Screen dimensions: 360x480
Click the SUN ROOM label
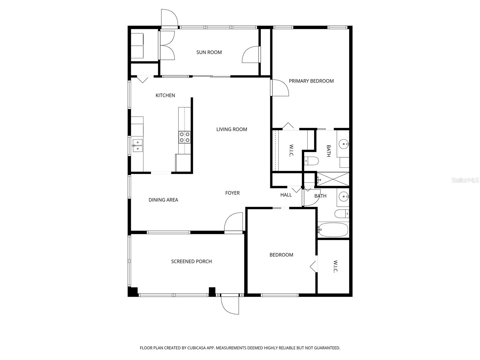209,52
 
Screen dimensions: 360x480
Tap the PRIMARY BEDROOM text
311,81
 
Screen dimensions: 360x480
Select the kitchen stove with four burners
184,137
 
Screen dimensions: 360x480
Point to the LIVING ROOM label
232,129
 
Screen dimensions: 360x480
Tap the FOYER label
232,193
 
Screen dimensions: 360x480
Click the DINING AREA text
163,200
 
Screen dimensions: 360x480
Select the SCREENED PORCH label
191,262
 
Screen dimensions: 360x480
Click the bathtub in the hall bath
333,230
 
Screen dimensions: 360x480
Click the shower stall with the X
333,179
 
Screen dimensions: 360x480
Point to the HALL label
286,195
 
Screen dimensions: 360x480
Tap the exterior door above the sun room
169,18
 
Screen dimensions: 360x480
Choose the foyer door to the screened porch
234,223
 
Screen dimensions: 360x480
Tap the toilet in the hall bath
342,214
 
